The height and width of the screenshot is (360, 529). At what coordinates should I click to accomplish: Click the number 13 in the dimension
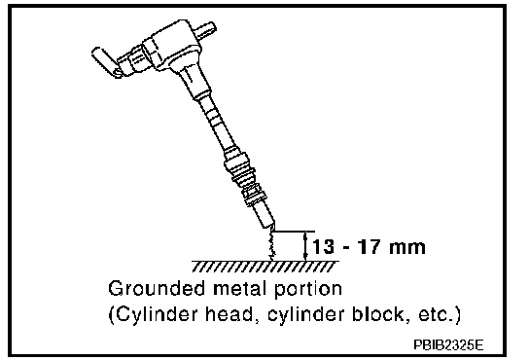tap(323, 247)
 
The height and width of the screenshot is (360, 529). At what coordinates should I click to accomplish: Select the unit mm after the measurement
tap(406, 248)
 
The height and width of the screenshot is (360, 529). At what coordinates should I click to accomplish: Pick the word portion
tap(308, 290)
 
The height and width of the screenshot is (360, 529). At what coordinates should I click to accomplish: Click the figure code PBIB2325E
tap(448, 344)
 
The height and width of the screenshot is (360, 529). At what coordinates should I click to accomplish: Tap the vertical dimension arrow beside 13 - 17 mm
tap(305, 246)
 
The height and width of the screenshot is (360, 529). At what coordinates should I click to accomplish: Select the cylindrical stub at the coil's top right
tap(205, 29)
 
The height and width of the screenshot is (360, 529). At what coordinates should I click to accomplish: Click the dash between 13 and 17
tap(345, 248)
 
